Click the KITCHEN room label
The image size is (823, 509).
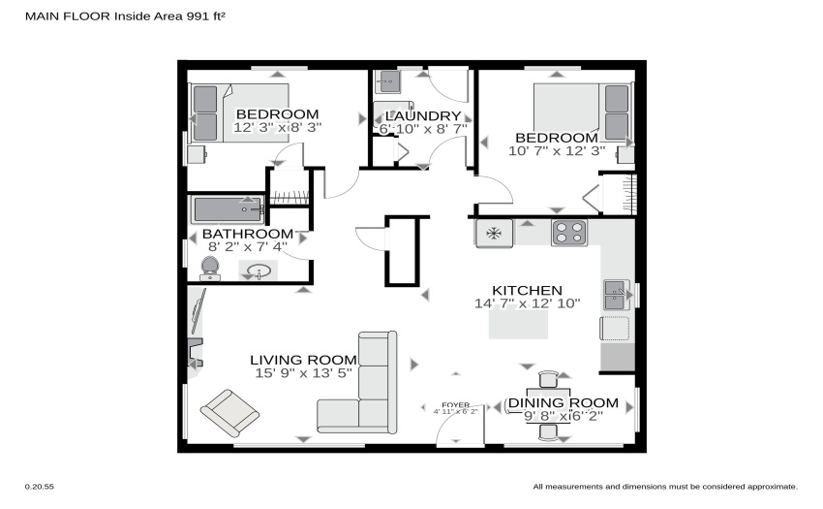point(527,290)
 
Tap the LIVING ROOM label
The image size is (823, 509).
point(303,361)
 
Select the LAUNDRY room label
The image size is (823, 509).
point(423,115)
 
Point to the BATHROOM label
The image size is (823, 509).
point(248,234)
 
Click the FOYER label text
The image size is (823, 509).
point(456,405)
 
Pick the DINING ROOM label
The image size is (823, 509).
point(564,402)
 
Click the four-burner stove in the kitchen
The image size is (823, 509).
point(569,233)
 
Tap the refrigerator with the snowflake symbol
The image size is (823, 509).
point(494,233)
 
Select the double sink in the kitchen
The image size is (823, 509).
point(617,295)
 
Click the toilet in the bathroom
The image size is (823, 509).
point(210,269)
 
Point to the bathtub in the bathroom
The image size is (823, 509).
point(228,209)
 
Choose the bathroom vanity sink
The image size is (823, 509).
point(259,271)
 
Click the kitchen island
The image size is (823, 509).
point(519,324)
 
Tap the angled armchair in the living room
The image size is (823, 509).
point(229,413)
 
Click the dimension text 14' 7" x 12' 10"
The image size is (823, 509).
point(528,303)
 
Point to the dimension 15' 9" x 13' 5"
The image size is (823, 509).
point(303,373)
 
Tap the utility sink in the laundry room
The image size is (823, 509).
point(387,82)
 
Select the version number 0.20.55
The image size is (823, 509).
point(40,487)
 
